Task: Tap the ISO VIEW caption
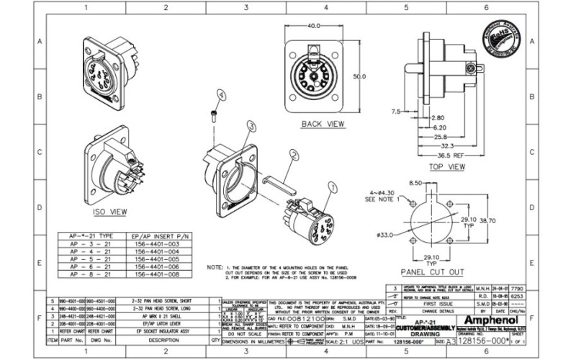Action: pos(110,212)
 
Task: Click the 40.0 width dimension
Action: pos(314,26)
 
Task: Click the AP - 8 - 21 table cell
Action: pos(91,274)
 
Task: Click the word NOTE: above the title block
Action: pos(215,266)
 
